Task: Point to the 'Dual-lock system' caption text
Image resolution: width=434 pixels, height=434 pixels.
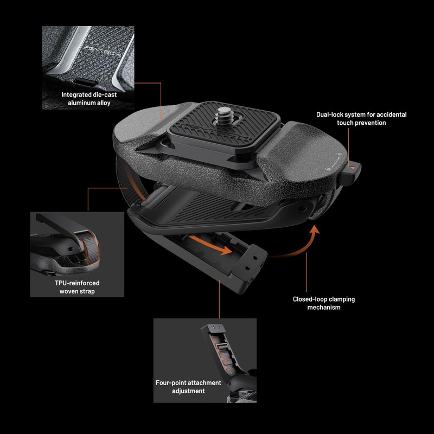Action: pyautogui.click(x=361, y=119)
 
